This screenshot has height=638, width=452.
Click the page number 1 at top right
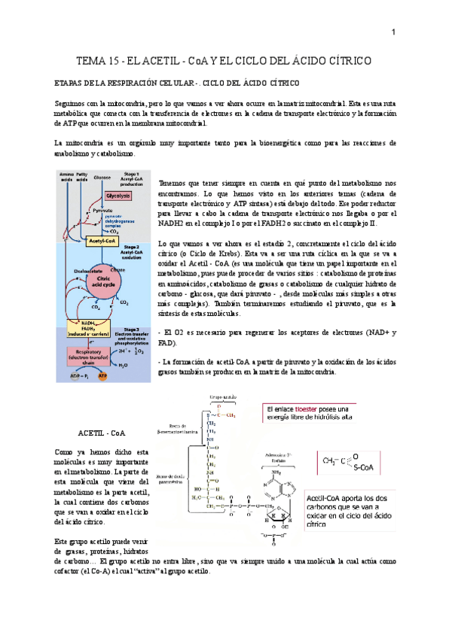pyautogui.click(x=393, y=32)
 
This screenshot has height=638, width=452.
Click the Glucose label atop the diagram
pyautogui.click(x=103, y=178)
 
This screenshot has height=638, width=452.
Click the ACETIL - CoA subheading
pyautogui.click(x=102, y=434)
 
